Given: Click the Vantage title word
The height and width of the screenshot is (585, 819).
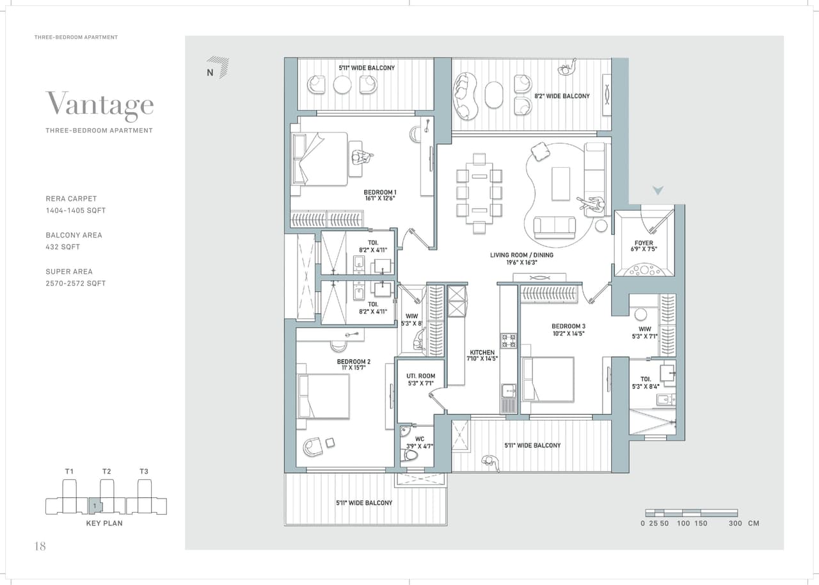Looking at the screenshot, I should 99,104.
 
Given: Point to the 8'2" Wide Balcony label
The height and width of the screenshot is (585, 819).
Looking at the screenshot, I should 562,96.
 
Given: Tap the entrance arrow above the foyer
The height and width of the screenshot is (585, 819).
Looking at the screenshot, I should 658,191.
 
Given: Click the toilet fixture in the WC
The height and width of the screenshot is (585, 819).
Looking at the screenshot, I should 409,455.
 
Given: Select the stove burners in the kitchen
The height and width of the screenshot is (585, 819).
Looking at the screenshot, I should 508,341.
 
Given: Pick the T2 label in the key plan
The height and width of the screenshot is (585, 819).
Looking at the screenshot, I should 106,472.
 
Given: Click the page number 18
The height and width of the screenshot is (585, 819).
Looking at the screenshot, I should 40,546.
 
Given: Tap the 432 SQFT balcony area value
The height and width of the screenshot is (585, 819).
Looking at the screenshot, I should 63,247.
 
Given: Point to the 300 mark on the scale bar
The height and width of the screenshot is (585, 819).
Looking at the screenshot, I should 735,524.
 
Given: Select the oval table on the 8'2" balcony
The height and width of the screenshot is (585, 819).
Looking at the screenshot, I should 494,95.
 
